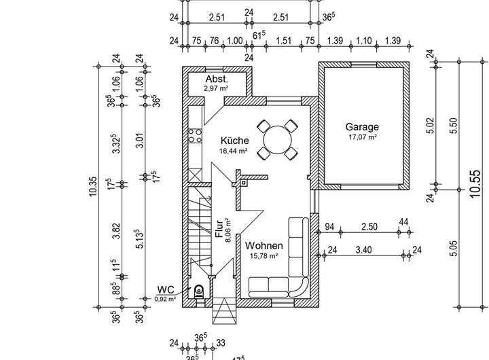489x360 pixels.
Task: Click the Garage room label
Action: pyautogui.click(x=362, y=127)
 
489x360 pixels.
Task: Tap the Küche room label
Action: pyautogui.click(x=233, y=141)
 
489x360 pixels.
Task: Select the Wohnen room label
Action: pyautogui.click(x=264, y=245)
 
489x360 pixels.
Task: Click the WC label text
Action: pyautogui.click(x=166, y=290)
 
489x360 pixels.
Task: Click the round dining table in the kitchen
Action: pyautogui.click(x=277, y=139)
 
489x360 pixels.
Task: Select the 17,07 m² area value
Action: pyautogui.click(x=362, y=137)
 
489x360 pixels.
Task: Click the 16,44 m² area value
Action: pyautogui.click(x=233, y=151)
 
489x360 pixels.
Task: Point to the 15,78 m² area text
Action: pyautogui.click(x=264, y=255)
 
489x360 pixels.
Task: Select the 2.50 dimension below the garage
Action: pyautogui.click(x=369, y=226)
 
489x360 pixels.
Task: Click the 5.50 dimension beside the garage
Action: pyautogui.click(x=454, y=125)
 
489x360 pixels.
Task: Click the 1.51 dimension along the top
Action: pyautogui.click(x=285, y=41)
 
